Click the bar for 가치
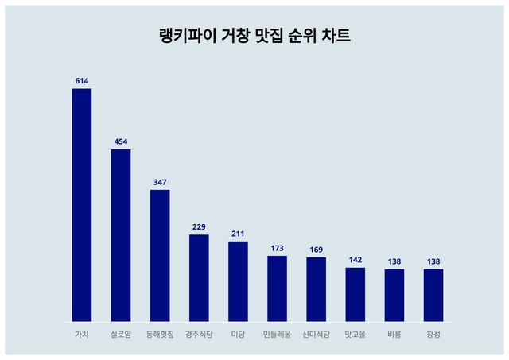(x=82, y=205)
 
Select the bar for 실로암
(x=121, y=235)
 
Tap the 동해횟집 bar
(x=160, y=256)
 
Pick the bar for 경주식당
(x=199, y=278)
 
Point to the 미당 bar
(x=238, y=281)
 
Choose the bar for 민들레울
(x=277, y=288)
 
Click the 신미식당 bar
(x=316, y=289)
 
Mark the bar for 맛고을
(x=355, y=295)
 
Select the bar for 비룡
(x=394, y=296)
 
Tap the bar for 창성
(x=433, y=296)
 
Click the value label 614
(x=82, y=81)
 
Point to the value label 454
(x=121, y=142)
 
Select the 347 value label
(x=160, y=183)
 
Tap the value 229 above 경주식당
(x=199, y=227)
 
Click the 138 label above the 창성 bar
(x=433, y=261)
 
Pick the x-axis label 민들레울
(x=277, y=335)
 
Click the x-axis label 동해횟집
(x=160, y=335)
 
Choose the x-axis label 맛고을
(x=355, y=335)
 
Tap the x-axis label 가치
(x=82, y=335)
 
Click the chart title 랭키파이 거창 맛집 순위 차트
(x=254, y=37)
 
